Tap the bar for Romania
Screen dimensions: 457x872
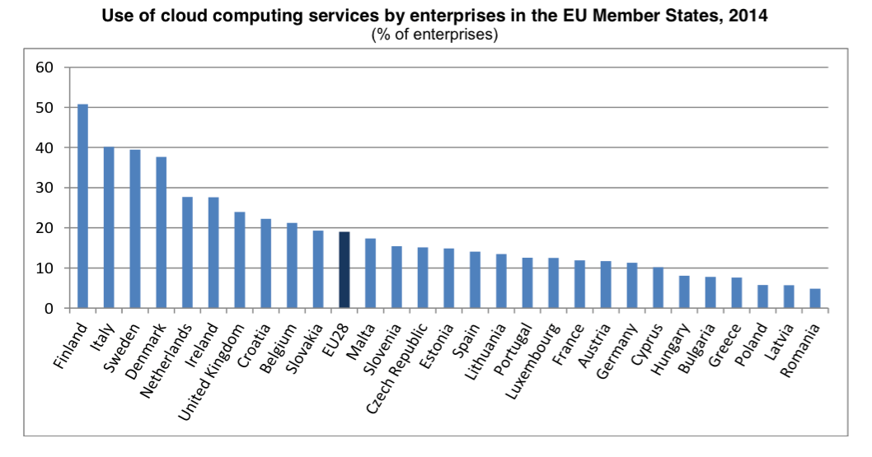814,299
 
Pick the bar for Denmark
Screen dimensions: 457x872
161,233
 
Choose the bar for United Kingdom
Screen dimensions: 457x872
239,260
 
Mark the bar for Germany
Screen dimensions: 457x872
631,286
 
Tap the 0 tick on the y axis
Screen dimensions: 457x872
49,309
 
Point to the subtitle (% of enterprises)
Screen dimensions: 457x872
435,35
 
